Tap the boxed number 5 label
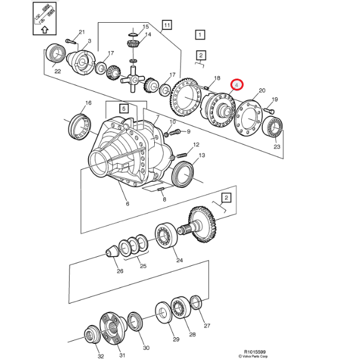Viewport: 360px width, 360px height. pyautogui.click(x=124, y=109)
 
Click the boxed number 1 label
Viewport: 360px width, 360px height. pyautogui.click(x=200, y=35)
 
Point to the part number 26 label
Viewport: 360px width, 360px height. pyautogui.click(x=120, y=271)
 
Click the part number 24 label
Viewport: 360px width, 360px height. pyautogui.click(x=179, y=260)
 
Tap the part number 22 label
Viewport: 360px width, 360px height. pyautogui.click(x=58, y=71)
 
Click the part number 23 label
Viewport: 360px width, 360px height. pyautogui.click(x=277, y=146)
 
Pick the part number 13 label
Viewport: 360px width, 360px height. pyautogui.click(x=202, y=155)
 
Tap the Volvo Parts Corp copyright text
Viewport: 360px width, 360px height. pyautogui.click(x=256, y=357)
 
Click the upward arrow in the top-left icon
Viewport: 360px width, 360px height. pyautogui.click(x=45, y=28)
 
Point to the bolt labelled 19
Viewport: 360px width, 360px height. pyautogui.click(x=269, y=110)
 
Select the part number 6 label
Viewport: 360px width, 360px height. pyautogui.click(x=127, y=204)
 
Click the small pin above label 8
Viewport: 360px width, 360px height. pyautogui.click(x=161, y=190)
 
